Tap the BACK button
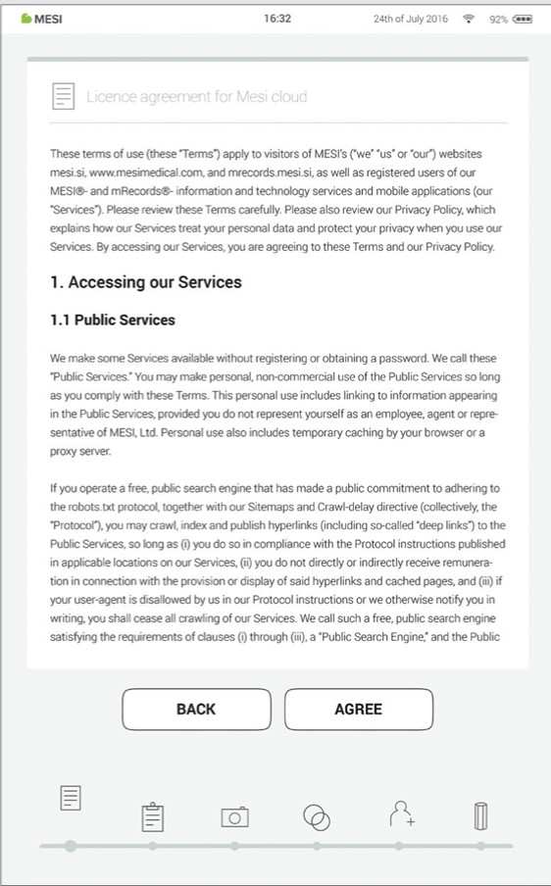(x=196, y=709)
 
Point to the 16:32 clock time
(x=277, y=19)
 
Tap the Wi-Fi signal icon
(x=469, y=19)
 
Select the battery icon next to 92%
(x=522, y=19)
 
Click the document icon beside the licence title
(x=64, y=96)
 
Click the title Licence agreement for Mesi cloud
(x=196, y=96)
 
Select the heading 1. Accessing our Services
(x=146, y=282)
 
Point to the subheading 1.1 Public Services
(x=113, y=320)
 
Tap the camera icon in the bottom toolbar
(x=234, y=816)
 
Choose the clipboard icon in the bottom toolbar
(x=152, y=815)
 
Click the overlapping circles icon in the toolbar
(x=317, y=816)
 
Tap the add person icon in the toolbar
(x=400, y=813)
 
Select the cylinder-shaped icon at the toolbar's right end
(x=481, y=815)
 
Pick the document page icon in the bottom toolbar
(x=70, y=799)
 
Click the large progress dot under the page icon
(x=70, y=846)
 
